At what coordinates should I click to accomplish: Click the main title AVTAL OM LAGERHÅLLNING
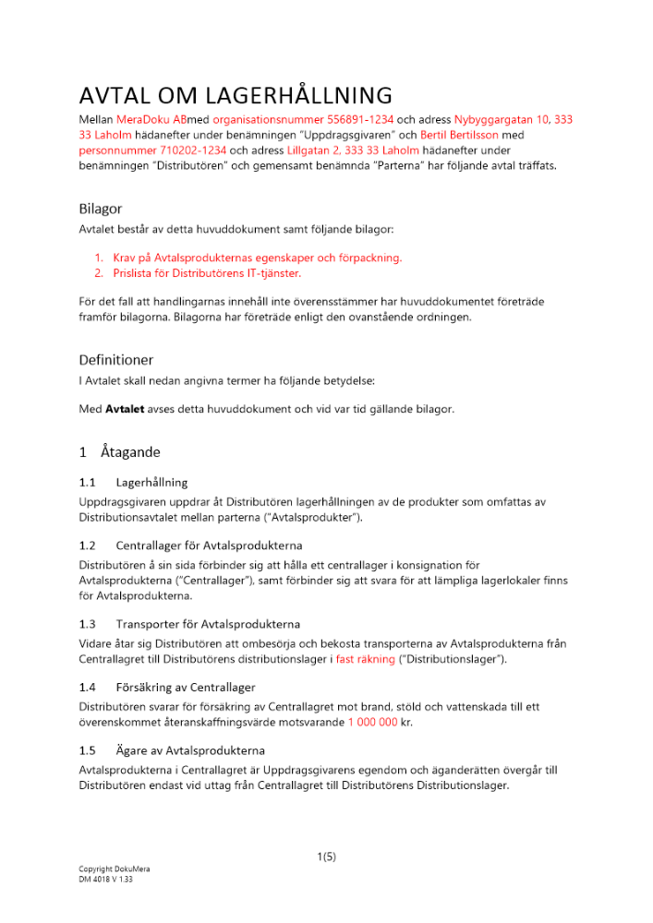click(236, 95)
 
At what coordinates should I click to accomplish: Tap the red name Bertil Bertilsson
click(456, 135)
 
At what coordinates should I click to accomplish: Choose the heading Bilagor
click(100, 209)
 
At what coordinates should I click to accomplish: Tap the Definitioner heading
click(115, 359)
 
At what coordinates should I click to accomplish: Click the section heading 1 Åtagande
click(120, 452)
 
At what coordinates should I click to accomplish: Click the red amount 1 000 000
click(372, 722)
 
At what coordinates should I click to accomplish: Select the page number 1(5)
click(326, 857)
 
